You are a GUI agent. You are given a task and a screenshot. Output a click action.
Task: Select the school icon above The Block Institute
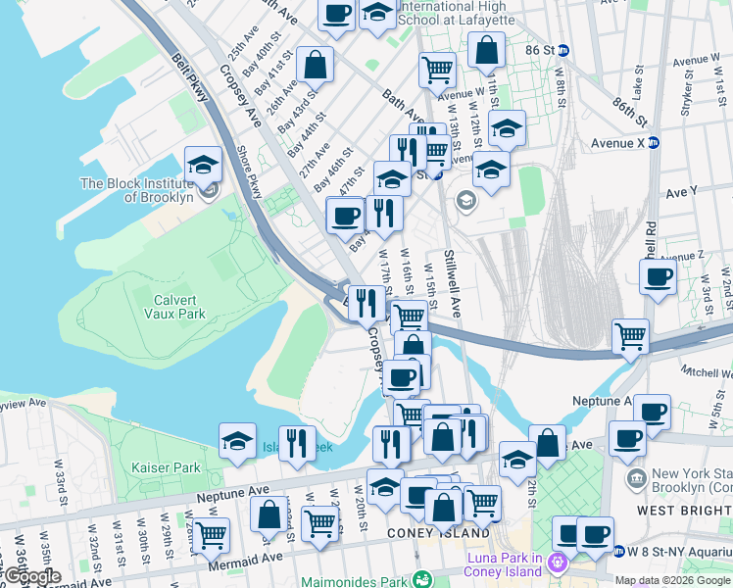pos(203,164)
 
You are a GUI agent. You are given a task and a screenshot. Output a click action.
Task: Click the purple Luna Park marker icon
pos(559,563)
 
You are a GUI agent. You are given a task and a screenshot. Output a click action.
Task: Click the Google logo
pos(31,576)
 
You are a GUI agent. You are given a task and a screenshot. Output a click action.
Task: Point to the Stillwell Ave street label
pos(452,283)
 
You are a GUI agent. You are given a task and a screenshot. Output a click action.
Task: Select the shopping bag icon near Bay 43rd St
pos(315,66)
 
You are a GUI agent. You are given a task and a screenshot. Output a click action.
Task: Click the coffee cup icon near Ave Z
pos(659,275)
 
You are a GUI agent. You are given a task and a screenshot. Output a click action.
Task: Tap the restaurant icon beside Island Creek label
pos(295,442)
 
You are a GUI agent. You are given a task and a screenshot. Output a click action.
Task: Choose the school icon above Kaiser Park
pos(237,441)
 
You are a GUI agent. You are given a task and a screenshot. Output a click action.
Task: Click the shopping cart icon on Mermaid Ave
pos(210,535)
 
